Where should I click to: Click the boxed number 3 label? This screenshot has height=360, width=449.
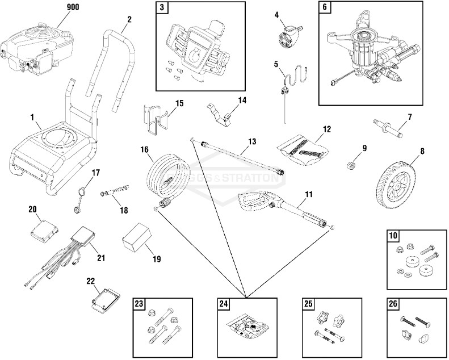(x=163, y=8)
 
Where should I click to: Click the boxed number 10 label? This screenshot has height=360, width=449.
(x=393, y=235)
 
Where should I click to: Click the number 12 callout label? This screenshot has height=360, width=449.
(x=326, y=129)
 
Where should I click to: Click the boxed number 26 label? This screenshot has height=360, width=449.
(x=393, y=304)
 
